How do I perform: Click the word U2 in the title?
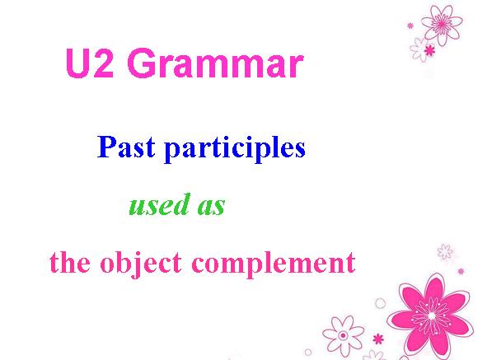point(90,63)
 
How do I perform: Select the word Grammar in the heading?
point(216,63)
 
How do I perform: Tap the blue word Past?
point(126,147)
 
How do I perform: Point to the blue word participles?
point(235,149)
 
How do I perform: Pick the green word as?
point(211,207)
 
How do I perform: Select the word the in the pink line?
point(70,262)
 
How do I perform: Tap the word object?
point(141,264)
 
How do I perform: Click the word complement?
point(274,264)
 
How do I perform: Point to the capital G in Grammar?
point(143,63)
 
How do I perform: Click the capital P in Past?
point(107,147)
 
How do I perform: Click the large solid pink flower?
point(431,316)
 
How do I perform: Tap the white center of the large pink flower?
point(432,316)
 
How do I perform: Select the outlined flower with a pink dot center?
point(344,335)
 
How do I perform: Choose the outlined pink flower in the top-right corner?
point(442,24)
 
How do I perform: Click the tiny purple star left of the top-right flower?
point(410,26)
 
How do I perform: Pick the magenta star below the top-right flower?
point(430,50)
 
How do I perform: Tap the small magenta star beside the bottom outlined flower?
point(378,339)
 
